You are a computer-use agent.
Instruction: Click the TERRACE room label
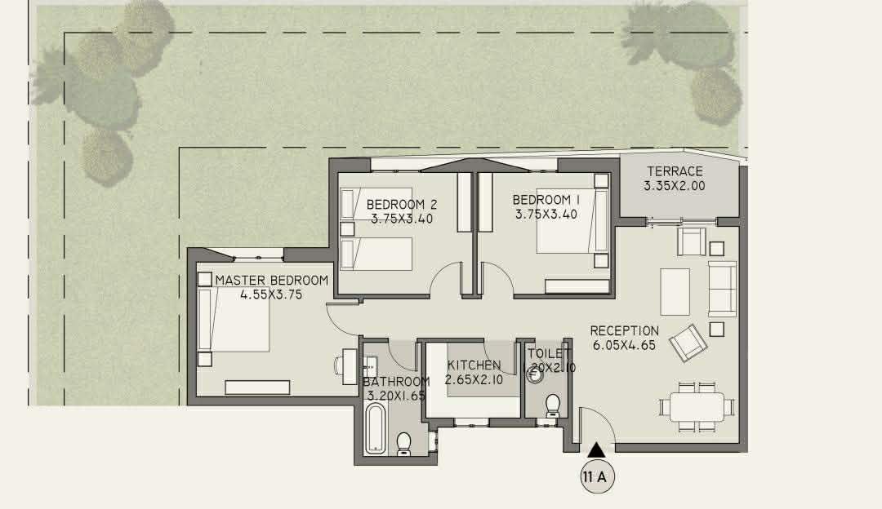pos(675,171)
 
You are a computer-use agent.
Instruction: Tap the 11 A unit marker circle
pos(597,477)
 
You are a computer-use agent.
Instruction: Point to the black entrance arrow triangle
pos(596,449)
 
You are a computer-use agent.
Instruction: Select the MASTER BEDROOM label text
pos(272,281)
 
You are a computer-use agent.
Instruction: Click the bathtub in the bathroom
pos(375,431)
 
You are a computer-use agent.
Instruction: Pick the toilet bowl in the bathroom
pos(404,443)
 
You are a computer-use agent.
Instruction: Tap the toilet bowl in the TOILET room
pos(552,405)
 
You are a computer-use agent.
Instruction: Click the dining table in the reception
pos(697,407)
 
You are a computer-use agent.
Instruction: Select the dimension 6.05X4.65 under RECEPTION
pos(624,345)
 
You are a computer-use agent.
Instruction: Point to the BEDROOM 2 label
pos(401,205)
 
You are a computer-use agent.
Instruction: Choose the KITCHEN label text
pos(474,365)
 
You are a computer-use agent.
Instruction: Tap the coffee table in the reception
pos(675,291)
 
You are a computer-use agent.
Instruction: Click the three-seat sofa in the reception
pos(722,289)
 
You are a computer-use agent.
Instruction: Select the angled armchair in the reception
pos(688,342)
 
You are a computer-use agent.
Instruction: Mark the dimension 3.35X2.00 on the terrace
pos(675,186)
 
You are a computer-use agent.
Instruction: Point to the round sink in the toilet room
pos(535,374)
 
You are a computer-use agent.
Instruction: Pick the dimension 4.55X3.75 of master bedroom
pos(271,294)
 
